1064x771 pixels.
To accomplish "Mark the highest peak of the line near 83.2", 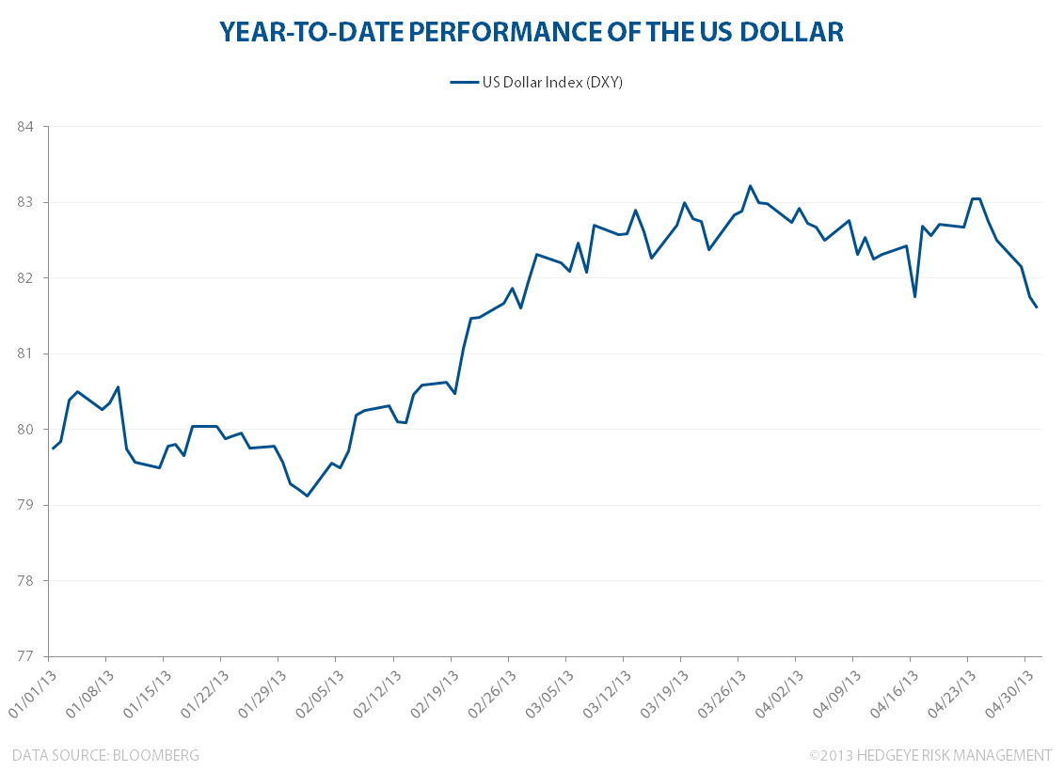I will pyautogui.click(x=750, y=185).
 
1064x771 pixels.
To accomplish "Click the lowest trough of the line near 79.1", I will pyautogui.click(x=307, y=496).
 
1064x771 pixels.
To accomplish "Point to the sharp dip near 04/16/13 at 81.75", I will pyautogui.click(x=914, y=297).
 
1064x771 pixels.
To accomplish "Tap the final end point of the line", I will pyautogui.click(x=1037, y=307).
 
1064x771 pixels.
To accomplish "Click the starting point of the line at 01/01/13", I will pyautogui.click(x=53, y=448).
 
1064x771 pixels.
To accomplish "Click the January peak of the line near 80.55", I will pyautogui.click(x=118, y=386).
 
